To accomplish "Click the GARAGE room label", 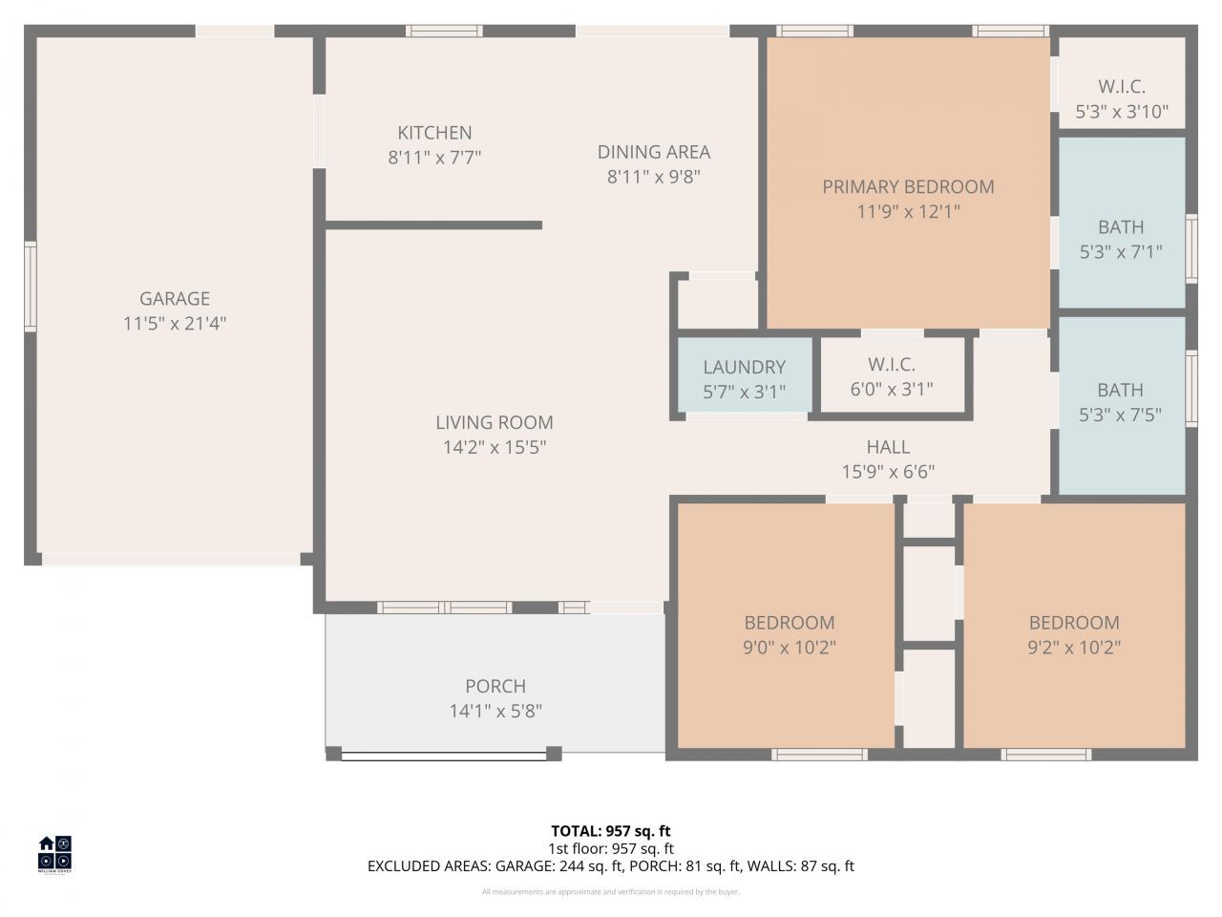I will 175,299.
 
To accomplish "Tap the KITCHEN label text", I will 434,133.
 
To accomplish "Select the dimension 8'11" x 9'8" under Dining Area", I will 654,177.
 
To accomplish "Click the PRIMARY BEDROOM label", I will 908,187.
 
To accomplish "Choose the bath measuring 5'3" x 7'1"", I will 1121,239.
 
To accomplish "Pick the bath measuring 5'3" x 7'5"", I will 1121,402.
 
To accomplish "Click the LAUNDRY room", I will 745,378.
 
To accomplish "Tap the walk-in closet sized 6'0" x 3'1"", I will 892,376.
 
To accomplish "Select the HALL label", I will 888,447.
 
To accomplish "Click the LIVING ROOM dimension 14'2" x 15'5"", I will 495,447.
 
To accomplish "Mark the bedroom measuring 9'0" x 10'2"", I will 790,634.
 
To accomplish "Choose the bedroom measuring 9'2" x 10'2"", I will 1074,634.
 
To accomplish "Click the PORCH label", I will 495,686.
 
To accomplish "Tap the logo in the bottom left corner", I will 54,854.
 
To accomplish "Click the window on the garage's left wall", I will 31,287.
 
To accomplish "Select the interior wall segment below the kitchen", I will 434,225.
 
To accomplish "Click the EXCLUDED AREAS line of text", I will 611,866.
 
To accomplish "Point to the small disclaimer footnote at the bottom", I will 611,892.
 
